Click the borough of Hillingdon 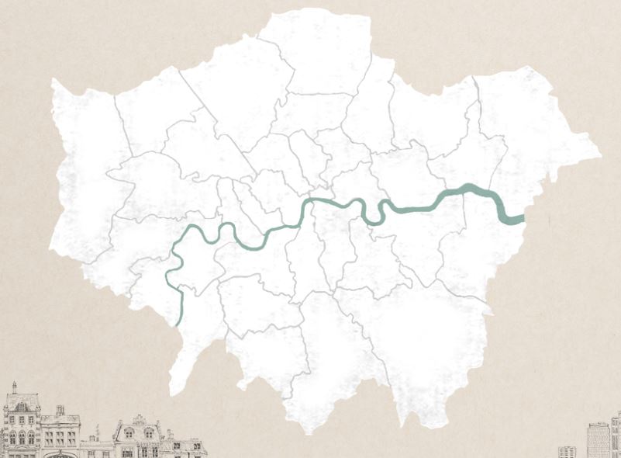click(x=81, y=179)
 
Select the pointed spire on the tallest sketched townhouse click(x=14, y=386)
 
